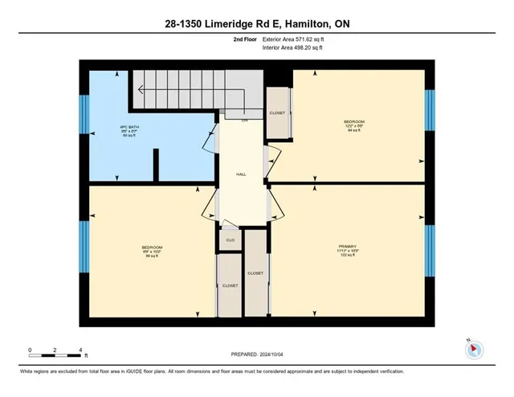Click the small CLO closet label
230,240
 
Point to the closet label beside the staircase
277,113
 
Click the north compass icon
473,349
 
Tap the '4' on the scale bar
80,350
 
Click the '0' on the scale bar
30,350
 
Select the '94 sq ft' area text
349,130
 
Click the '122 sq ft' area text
347,257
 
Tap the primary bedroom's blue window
429,249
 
